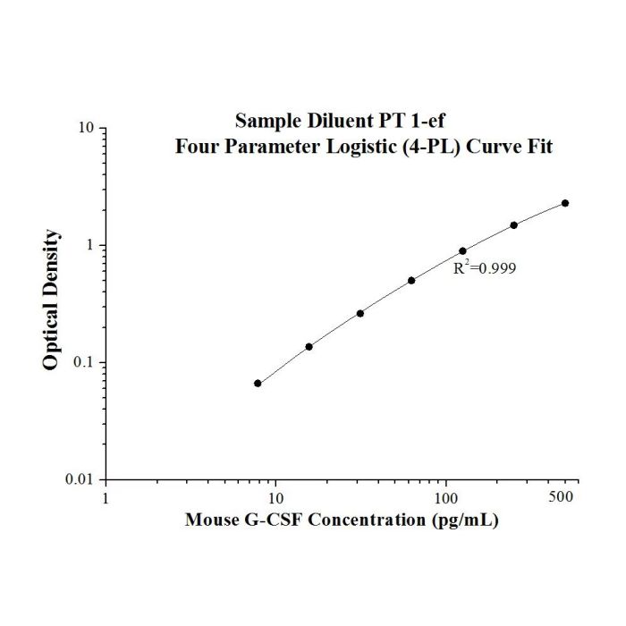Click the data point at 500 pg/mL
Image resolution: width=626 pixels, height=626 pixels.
click(565, 203)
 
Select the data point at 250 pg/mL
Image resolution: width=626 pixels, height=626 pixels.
click(514, 225)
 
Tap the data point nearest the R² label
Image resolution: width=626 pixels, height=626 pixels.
click(462, 251)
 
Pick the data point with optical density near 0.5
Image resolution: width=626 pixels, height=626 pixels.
click(411, 281)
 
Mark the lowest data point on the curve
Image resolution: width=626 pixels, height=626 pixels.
click(258, 384)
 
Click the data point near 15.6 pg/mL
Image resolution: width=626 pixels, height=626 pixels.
click(309, 347)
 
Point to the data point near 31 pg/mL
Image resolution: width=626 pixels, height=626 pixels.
click(360, 313)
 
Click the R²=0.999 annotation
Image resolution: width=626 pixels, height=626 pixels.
click(485, 268)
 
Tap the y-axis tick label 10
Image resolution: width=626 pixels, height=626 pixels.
click(86, 128)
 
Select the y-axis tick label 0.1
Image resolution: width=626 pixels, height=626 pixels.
click(82, 362)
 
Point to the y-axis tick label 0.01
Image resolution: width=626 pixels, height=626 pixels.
click(79, 479)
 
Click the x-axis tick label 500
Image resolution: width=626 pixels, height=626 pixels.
click(561, 496)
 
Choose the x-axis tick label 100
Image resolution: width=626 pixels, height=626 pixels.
click(446, 498)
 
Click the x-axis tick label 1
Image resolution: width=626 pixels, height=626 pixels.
click(106, 498)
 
